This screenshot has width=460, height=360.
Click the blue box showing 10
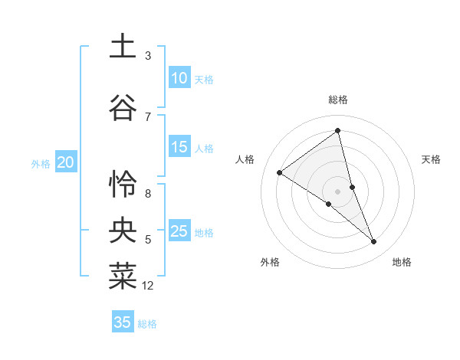point(179,78)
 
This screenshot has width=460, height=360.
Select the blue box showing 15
point(179,147)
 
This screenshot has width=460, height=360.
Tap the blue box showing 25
point(179,231)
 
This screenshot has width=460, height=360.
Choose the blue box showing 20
point(66,162)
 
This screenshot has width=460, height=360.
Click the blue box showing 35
point(123,322)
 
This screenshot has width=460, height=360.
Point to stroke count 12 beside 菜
point(148,286)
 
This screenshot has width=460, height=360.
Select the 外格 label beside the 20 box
point(41,163)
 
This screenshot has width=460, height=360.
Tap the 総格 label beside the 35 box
point(147,324)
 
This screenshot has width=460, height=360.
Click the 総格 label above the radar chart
point(338,100)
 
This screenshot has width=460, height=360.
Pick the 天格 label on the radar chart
point(431,159)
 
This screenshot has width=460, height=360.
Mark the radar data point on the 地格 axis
point(374,242)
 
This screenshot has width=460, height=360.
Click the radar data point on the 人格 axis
point(279,172)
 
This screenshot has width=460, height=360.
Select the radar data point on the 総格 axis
point(338,131)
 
